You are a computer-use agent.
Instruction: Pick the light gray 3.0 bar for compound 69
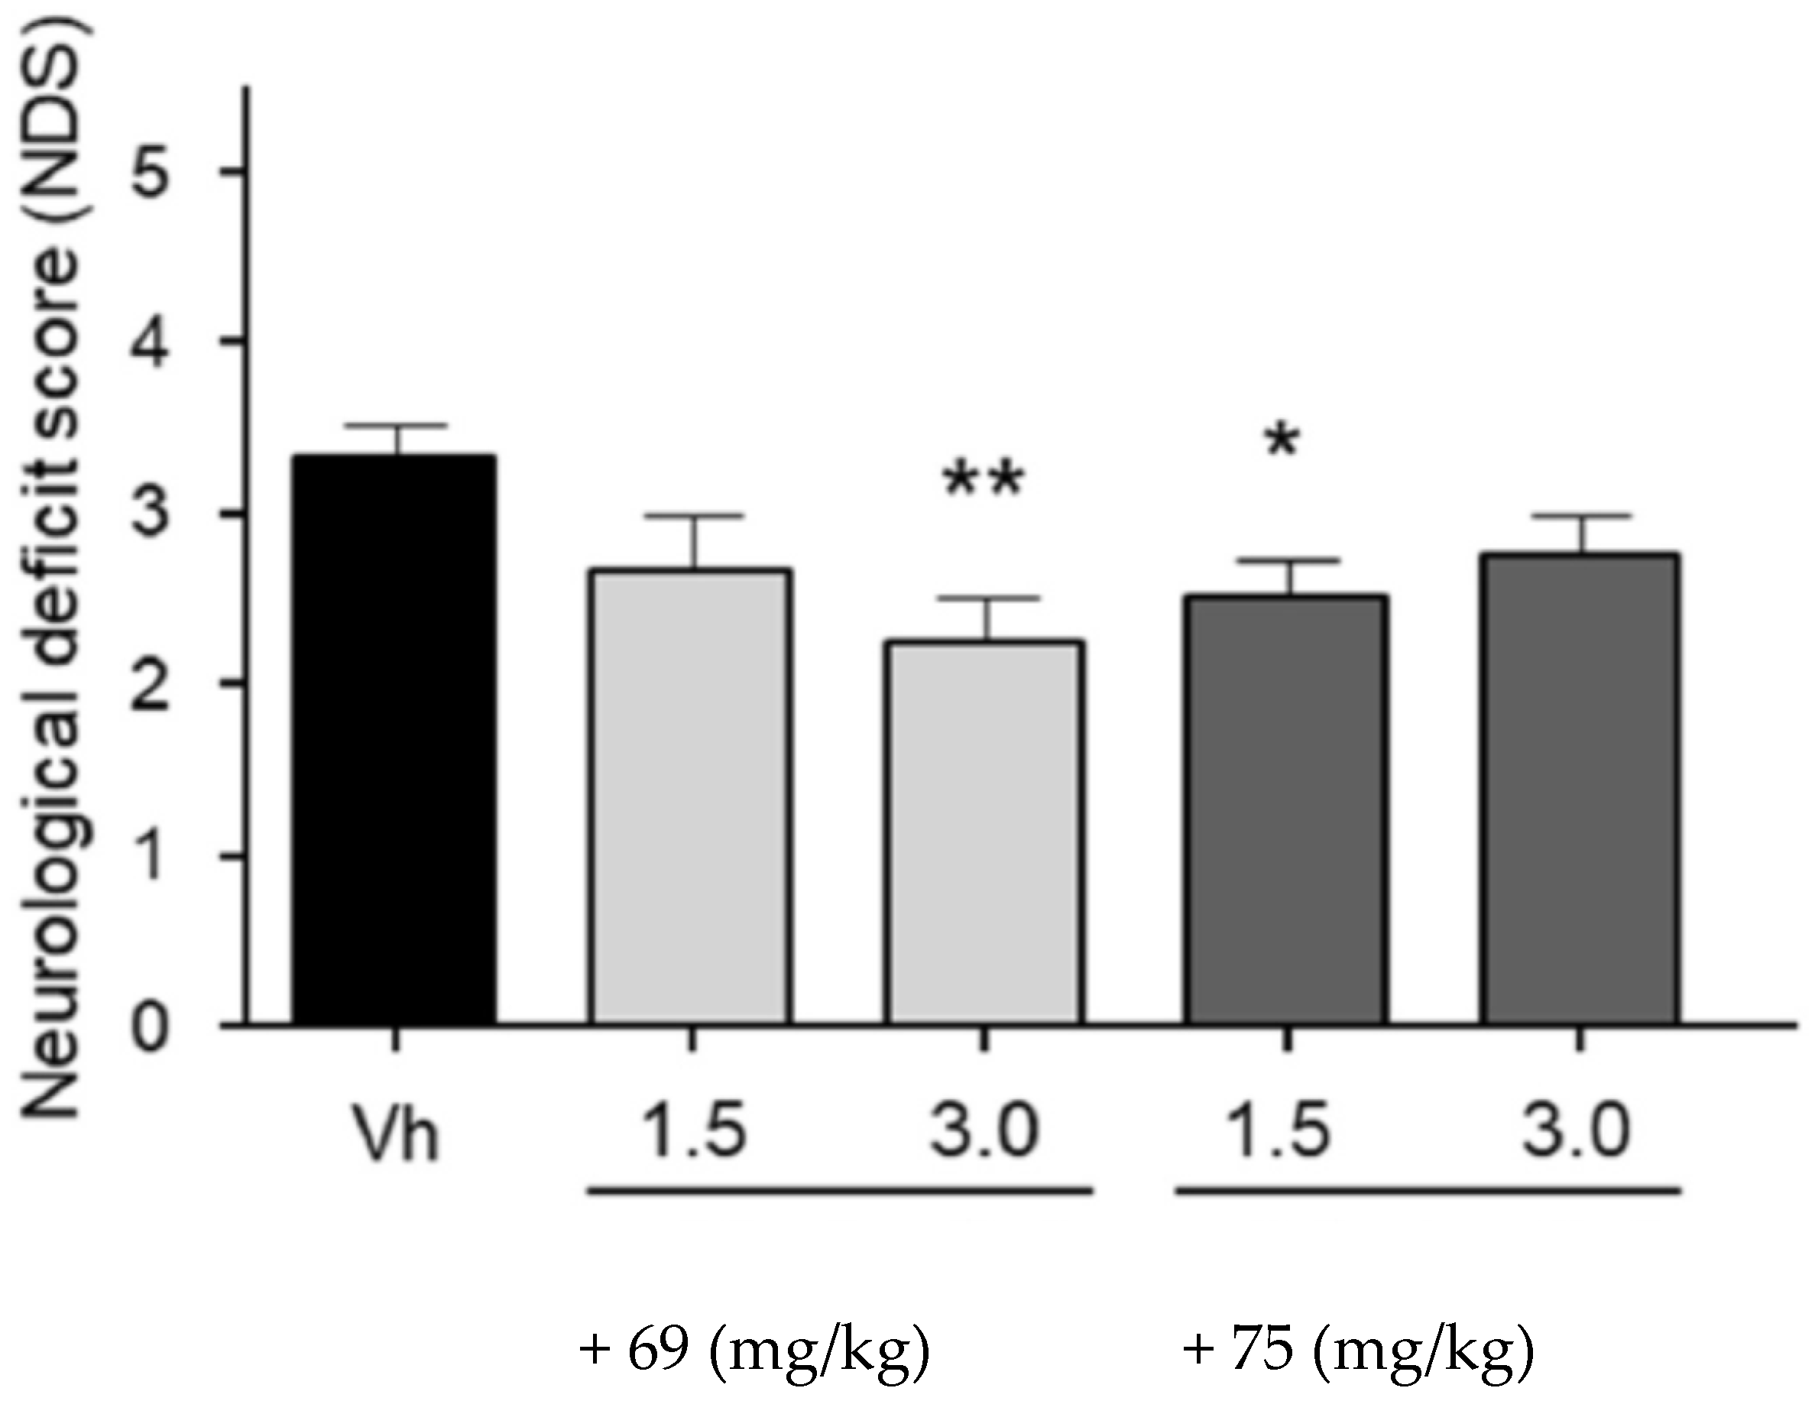(x=984, y=831)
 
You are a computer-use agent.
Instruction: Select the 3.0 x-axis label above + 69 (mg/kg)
(x=986, y=1130)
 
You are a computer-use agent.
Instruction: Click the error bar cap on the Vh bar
(x=397, y=426)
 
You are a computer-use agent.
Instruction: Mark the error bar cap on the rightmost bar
(x=1583, y=517)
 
